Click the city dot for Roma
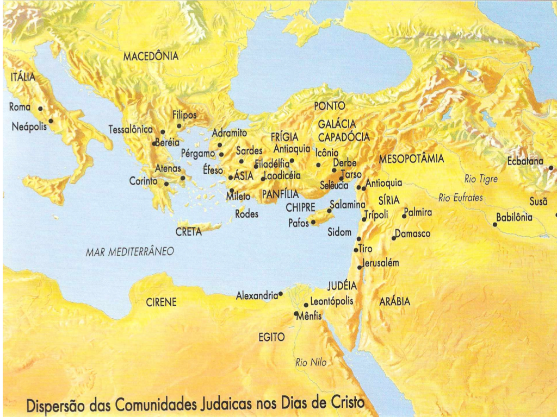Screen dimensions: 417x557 tap(40, 109)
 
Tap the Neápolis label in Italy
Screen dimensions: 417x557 tap(29, 128)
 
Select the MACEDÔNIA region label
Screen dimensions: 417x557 tap(151, 56)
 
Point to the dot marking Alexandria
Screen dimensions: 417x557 tap(281, 294)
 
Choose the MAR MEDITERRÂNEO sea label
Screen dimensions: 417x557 tap(129, 252)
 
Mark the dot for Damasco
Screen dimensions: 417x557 tap(394, 238)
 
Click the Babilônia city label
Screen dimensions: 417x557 tap(514, 218)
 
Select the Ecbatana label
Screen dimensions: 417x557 tap(525, 161)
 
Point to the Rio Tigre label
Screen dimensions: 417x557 tap(481, 179)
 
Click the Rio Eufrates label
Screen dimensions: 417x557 tap(461, 198)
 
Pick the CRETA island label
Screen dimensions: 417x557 tap(189, 232)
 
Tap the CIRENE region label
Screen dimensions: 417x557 tap(161, 302)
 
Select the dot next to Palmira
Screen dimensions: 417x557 tap(404, 216)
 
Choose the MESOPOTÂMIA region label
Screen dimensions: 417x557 tap(411, 159)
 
